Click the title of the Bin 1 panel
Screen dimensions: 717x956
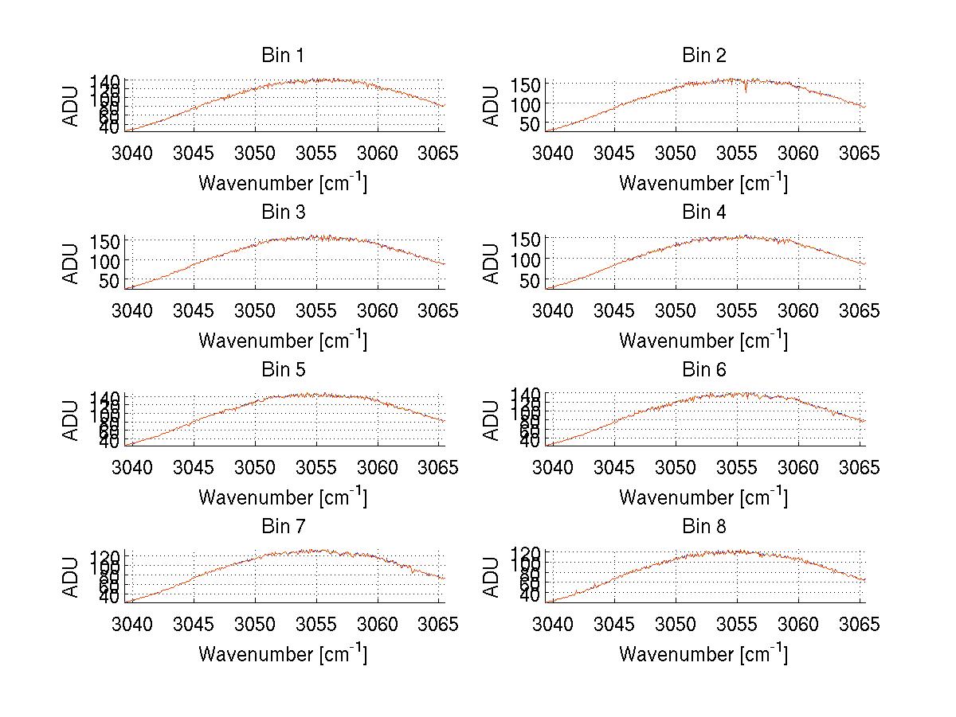point(283,56)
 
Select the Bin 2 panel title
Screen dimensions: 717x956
point(704,56)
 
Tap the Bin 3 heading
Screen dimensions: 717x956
point(283,212)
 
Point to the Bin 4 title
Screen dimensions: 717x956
point(704,212)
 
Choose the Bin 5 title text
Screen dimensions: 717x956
point(283,370)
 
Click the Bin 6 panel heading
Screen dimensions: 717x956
point(704,370)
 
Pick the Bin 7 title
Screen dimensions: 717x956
point(283,527)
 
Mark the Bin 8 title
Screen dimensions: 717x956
point(704,527)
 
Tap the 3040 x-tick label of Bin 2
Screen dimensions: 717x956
point(552,153)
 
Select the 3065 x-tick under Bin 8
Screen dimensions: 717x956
point(860,625)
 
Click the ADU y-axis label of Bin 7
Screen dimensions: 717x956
point(72,577)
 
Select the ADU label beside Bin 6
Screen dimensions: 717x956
point(492,420)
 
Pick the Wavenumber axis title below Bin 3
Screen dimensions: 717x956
point(283,340)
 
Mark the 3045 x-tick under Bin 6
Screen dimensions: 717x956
point(614,467)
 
